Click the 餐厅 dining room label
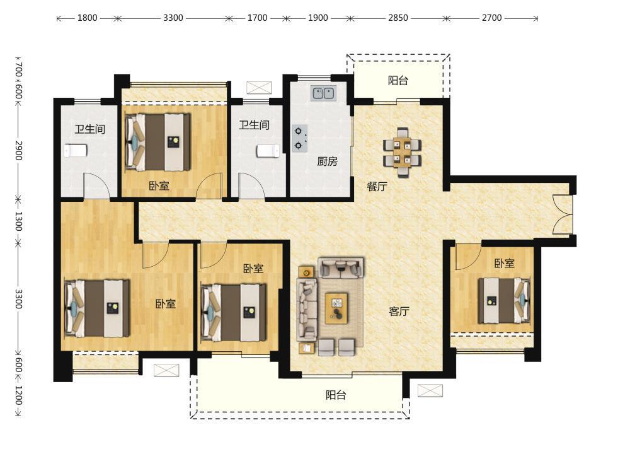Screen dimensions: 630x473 (377, 187)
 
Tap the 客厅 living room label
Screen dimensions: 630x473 (399, 312)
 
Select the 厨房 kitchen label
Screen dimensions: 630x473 (327, 161)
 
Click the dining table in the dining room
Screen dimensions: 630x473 (403, 153)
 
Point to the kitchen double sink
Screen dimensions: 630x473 (323, 93)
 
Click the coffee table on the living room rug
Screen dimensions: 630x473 (336, 308)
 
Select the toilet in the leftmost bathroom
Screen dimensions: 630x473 (76, 151)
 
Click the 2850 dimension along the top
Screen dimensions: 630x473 (398, 18)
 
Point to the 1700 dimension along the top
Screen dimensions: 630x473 (257, 18)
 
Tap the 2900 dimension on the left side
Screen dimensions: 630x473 (18, 151)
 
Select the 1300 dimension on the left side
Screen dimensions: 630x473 (18, 221)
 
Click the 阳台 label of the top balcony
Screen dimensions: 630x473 (398, 81)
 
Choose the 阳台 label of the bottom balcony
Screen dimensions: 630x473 (336, 395)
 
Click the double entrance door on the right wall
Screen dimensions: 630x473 (563, 214)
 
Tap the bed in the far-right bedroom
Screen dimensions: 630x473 (504, 300)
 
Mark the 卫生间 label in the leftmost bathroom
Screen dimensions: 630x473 (90, 129)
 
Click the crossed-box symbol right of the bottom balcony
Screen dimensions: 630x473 (430, 390)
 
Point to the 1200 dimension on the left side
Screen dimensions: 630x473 (18, 395)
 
